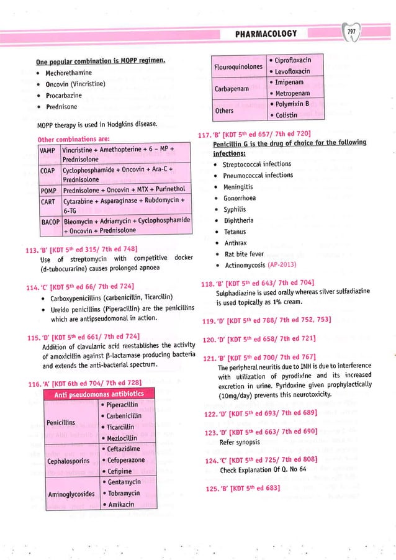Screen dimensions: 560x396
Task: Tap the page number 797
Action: (x=352, y=32)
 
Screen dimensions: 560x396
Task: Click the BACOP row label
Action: (x=50, y=220)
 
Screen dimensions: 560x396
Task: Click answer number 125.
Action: (x=207, y=489)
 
